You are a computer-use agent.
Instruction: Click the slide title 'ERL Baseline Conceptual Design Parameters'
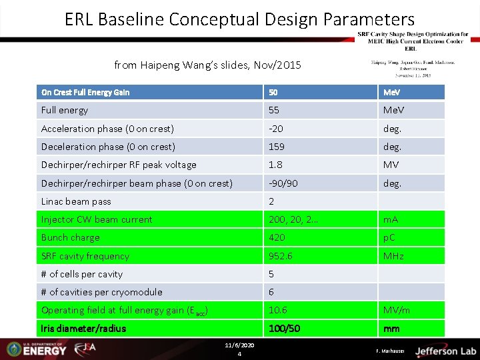pyautogui.click(x=239, y=19)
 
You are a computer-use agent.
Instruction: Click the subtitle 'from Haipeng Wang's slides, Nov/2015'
pyautogui.click(x=207, y=65)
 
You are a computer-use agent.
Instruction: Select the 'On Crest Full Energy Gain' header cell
pyautogui.click(x=85, y=93)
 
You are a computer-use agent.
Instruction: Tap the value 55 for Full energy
pyautogui.click(x=274, y=111)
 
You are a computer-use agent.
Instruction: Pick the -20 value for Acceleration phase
pyautogui.click(x=276, y=129)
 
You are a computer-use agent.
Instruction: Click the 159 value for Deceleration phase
pyautogui.click(x=277, y=147)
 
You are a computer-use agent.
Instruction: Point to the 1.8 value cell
pyautogui.click(x=275, y=165)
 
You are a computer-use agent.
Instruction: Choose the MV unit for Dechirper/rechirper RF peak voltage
pyautogui.click(x=391, y=165)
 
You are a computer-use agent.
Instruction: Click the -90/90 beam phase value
pyautogui.click(x=283, y=183)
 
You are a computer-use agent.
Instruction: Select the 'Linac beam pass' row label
pyautogui.click(x=76, y=201)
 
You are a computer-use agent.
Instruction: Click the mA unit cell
pyautogui.click(x=391, y=219)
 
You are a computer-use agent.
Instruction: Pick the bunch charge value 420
pyautogui.click(x=277, y=237)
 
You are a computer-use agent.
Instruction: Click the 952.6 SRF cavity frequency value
pyautogui.click(x=280, y=256)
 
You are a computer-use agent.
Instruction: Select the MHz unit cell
pyautogui.click(x=393, y=256)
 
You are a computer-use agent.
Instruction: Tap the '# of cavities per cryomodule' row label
pyautogui.click(x=101, y=292)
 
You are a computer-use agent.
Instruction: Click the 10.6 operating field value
pyautogui.click(x=277, y=310)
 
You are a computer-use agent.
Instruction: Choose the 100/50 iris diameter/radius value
pyautogui.click(x=284, y=329)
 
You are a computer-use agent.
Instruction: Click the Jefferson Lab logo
pyautogui.click(x=445, y=351)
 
